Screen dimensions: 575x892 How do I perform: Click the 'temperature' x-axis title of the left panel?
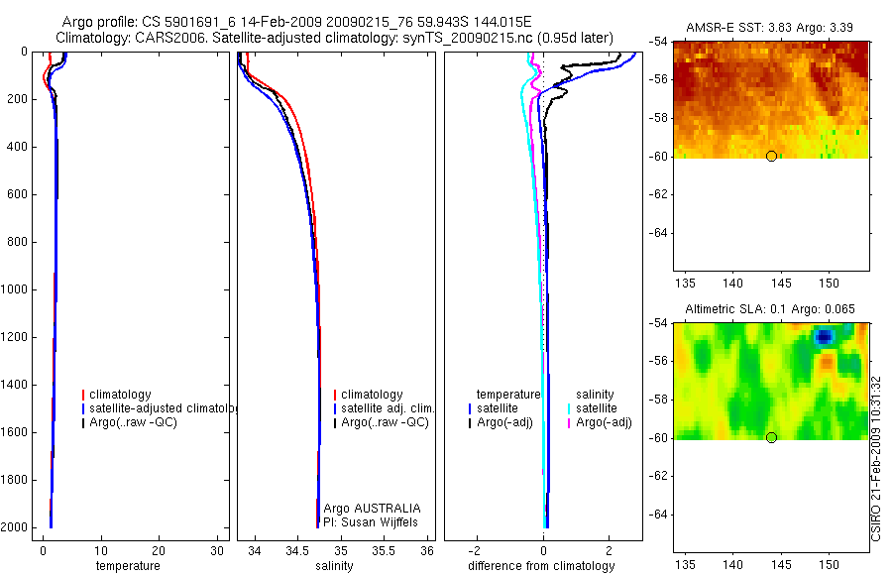(127, 566)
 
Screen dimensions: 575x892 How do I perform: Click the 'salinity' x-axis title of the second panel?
(335, 566)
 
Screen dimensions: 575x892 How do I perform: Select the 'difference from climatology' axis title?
(543, 566)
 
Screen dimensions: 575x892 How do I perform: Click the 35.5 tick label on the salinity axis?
(385, 551)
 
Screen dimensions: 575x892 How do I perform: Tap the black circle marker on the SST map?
(771, 156)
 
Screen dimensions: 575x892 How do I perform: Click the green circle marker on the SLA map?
(771, 437)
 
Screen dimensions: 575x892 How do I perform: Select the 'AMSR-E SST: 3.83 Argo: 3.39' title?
(771, 27)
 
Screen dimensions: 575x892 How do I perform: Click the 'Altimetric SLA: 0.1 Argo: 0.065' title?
(771, 309)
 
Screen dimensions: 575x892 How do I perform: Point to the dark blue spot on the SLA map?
(824, 337)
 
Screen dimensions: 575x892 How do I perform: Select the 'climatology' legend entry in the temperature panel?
(120, 395)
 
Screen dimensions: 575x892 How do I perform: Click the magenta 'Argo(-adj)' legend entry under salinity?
(604, 423)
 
